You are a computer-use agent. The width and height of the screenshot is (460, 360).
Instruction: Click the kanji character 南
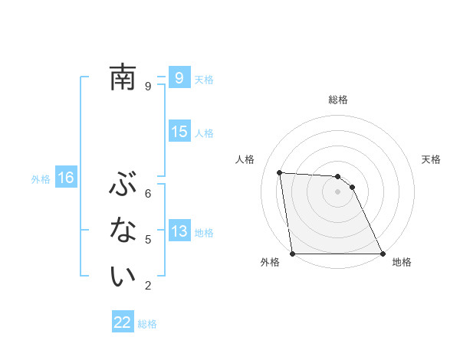coord(122,77)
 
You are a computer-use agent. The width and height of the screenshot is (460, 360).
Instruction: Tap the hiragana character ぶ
coord(122,185)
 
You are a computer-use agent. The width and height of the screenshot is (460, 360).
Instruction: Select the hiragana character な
coord(122,231)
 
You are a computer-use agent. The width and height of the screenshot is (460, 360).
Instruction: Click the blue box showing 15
coord(179,132)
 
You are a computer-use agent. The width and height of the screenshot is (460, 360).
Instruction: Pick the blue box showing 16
coord(65,178)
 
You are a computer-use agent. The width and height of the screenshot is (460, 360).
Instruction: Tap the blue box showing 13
coord(179,231)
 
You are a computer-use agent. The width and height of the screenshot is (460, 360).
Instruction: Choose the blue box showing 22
coord(123,322)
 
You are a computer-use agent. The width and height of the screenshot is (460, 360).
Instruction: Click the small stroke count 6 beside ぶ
coord(148,193)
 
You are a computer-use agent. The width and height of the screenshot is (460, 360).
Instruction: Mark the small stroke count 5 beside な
coord(148,240)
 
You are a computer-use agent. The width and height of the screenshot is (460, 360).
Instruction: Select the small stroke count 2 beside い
coord(148,286)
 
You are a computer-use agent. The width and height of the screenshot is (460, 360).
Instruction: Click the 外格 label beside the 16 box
coord(41,179)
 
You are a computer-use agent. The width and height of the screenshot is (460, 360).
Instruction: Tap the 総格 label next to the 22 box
coord(147,324)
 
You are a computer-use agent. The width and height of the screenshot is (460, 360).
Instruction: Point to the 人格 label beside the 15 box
coord(204,133)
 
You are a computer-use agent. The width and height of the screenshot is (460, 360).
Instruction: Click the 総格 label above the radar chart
coord(338,100)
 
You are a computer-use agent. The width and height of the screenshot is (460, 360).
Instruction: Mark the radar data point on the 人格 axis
coord(280,172)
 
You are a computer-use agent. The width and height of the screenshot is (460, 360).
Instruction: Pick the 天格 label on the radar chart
coord(432,159)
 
